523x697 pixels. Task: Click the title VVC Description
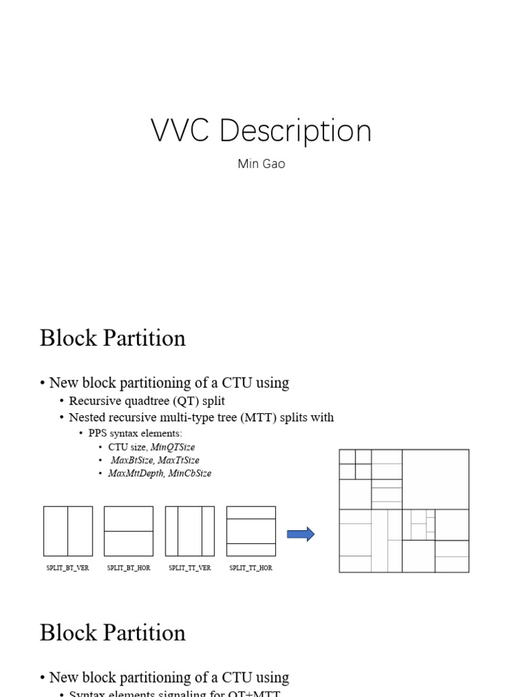click(x=261, y=131)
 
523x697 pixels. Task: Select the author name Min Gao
click(x=261, y=164)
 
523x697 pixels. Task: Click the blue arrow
click(x=300, y=534)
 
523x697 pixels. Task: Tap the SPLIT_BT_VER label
click(x=67, y=568)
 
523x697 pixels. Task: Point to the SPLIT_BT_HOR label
click(x=129, y=568)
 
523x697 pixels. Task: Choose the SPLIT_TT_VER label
click(x=190, y=568)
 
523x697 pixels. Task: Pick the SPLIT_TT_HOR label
click(x=251, y=568)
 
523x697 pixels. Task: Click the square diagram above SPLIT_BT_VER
click(x=68, y=531)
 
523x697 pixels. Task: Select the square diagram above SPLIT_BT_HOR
click(x=129, y=531)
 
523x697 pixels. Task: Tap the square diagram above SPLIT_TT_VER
click(x=190, y=531)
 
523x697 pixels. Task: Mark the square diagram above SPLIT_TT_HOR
click(x=251, y=531)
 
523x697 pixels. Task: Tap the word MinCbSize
click(x=190, y=473)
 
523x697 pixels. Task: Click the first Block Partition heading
click(x=112, y=338)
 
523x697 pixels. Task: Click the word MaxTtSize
click(x=179, y=460)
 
